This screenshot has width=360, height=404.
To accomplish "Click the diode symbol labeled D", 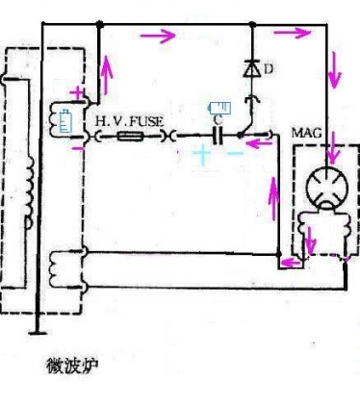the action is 252,69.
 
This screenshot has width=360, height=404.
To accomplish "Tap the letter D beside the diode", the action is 270,69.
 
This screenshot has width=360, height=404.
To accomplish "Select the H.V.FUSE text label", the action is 130,122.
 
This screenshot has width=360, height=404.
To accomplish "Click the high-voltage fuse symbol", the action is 129,137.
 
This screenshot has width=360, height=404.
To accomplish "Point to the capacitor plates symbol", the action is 218,136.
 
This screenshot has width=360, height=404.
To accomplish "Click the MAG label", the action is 306,133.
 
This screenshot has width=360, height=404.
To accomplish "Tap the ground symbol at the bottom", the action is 38,333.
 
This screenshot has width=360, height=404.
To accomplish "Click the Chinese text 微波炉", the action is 71,366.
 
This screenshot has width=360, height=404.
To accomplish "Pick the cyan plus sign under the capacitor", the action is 201,154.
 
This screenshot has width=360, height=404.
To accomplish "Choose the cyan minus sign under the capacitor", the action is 235,153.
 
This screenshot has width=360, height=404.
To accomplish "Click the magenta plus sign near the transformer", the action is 77,93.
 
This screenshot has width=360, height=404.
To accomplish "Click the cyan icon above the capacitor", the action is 219,108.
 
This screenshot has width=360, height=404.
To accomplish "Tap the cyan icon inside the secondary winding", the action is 65,121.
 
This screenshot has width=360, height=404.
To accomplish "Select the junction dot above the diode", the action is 252,24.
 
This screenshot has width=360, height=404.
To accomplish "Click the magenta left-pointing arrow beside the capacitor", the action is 258,143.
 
